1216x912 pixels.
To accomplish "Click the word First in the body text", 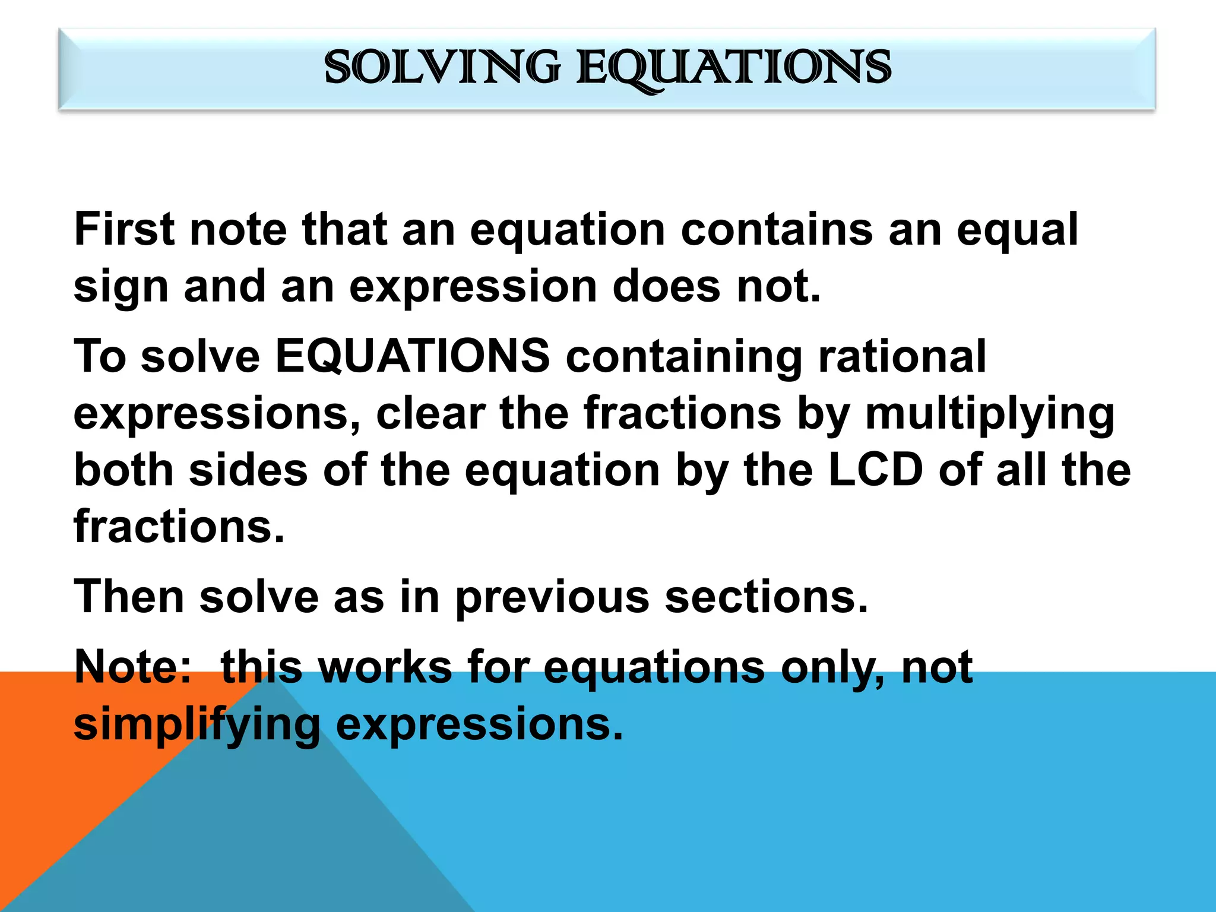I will pos(124,230).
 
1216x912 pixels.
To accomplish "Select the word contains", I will pos(777,230).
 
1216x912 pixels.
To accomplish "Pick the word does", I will pos(667,287).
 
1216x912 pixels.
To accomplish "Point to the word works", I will pos(385,667).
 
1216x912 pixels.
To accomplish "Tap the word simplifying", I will pos(197,726).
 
